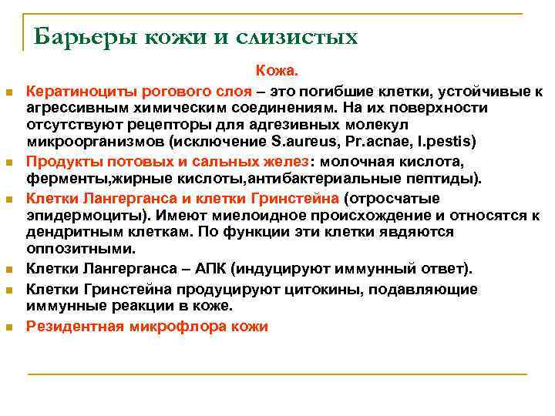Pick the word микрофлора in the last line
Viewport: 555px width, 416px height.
coord(178,326)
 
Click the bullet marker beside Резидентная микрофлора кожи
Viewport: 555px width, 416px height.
coord(10,327)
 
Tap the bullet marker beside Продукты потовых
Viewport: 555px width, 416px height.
coord(10,163)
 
